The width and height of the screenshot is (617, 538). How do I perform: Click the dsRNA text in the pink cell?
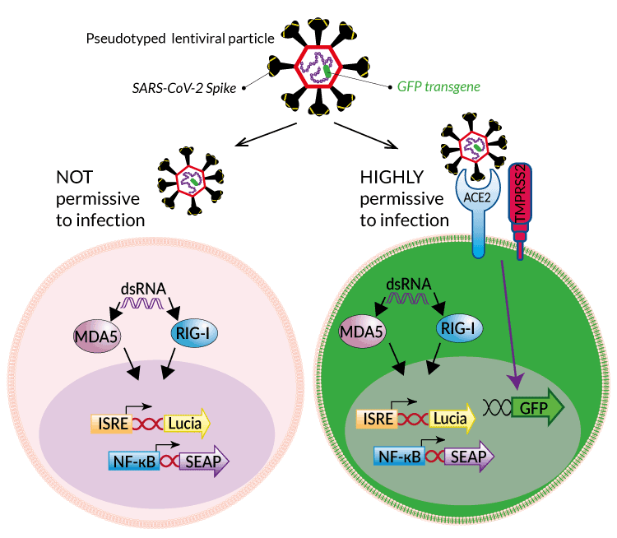pyautogui.click(x=147, y=289)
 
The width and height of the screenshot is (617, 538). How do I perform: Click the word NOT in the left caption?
pyautogui.click(x=77, y=178)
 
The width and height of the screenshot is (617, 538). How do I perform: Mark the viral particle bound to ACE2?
pyautogui.click(x=473, y=146)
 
